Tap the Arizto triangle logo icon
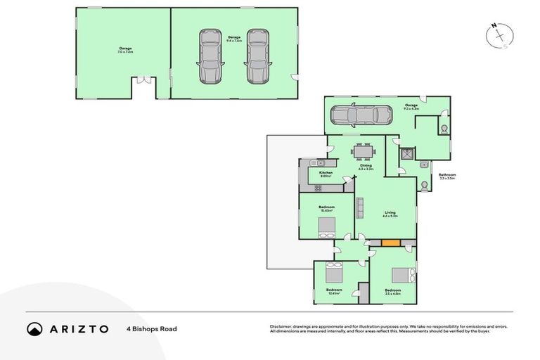[34, 328]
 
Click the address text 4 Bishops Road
[151, 328]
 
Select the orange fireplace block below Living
[390, 243]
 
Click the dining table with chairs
[364, 152]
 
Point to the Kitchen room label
[326, 172]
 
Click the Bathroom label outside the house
[446, 175]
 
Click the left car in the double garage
[210, 56]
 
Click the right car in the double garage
[257, 56]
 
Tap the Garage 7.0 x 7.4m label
[125, 49]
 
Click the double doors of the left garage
[144, 81]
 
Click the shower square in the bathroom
[406, 153]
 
